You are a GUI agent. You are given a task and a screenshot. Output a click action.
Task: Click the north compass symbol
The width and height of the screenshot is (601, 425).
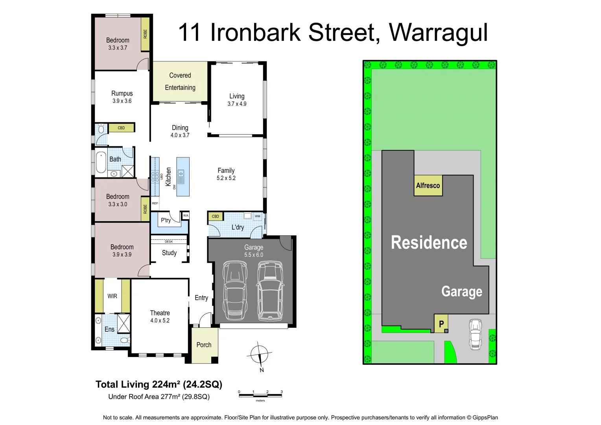(x=259, y=354)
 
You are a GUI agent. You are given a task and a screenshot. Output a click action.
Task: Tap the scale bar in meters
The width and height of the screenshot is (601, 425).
(x=260, y=395)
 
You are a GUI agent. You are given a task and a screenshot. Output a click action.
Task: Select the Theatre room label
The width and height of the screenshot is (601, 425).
(x=160, y=313)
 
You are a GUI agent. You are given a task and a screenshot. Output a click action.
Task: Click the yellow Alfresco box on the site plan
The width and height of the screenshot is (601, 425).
(x=428, y=185)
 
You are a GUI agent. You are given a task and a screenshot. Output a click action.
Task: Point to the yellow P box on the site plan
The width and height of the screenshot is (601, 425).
(x=441, y=324)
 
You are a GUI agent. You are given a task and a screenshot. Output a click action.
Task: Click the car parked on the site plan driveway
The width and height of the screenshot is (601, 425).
(x=475, y=334)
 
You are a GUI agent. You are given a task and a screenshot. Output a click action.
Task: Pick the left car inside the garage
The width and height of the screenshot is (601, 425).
(x=234, y=290)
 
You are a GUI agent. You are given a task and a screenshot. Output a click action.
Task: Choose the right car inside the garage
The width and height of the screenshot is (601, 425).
(x=270, y=290)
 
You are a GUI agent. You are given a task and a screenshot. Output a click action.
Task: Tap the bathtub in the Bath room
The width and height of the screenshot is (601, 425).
(x=101, y=162)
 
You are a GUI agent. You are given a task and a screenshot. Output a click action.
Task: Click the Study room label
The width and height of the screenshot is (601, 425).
(x=169, y=253)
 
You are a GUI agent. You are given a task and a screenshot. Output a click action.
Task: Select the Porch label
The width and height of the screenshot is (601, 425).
(x=204, y=345)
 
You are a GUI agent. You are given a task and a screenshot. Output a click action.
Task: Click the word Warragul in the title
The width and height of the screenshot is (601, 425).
(x=438, y=32)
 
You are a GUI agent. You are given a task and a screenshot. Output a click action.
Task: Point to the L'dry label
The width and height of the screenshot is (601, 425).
(x=238, y=227)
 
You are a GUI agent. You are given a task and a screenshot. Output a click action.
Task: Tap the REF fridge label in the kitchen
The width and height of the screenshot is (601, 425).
(x=155, y=203)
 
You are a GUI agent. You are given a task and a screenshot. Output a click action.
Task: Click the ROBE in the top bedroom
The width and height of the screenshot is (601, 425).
(x=145, y=34)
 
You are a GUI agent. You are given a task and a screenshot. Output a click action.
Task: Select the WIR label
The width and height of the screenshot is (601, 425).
(x=112, y=296)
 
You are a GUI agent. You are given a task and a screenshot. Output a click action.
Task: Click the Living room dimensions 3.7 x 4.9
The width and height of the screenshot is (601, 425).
(x=237, y=104)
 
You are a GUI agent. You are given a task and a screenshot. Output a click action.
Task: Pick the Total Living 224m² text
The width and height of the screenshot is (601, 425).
(x=159, y=384)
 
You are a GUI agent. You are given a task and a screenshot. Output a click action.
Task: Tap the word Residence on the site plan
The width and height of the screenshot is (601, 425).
(x=429, y=242)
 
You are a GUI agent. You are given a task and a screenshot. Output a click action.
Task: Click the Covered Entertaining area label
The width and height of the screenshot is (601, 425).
(x=180, y=81)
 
